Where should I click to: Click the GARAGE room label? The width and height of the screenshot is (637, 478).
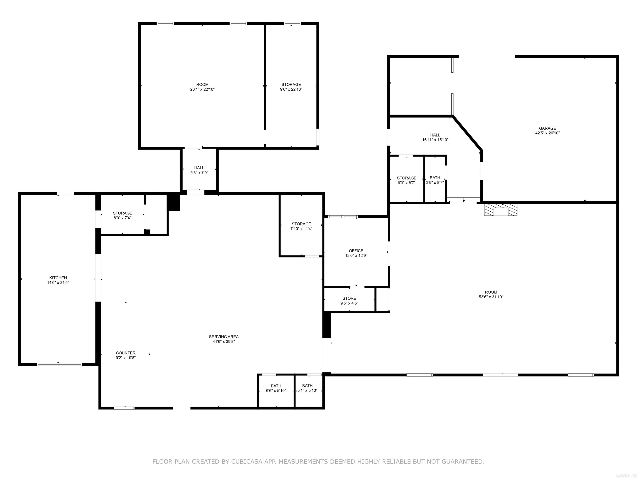(x=547, y=128)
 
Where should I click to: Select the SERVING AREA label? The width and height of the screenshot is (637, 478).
(x=224, y=337)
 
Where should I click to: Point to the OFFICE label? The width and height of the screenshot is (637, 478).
(x=356, y=251)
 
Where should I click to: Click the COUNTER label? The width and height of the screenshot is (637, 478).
(x=126, y=353)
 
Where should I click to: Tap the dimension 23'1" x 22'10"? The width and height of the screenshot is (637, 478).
(x=202, y=89)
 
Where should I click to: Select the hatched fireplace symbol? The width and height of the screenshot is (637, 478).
(x=501, y=210)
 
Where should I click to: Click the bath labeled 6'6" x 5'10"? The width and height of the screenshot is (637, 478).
(x=276, y=388)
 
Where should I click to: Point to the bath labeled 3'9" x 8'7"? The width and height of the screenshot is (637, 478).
(x=435, y=180)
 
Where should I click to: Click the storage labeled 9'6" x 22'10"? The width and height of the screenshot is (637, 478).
(x=291, y=87)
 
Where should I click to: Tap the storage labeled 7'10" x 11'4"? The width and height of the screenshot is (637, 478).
(x=301, y=226)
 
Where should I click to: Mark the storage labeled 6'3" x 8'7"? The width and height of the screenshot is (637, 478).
(x=406, y=180)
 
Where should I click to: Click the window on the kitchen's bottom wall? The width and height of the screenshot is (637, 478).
(x=59, y=365)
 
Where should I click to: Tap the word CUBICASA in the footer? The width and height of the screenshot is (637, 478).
(x=247, y=462)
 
